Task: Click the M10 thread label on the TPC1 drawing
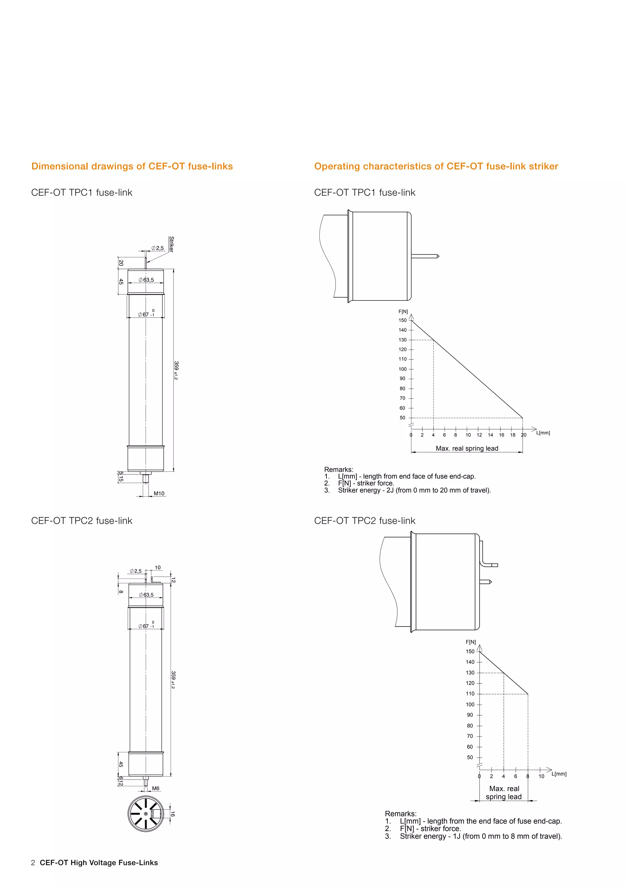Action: click(159, 493)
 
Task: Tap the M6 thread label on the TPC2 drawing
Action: click(155, 788)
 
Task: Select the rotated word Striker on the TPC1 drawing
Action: click(171, 244)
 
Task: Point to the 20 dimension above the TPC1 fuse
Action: click(121, 263)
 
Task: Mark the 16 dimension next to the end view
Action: click(173, 814)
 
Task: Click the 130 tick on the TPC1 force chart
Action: click(403, 340)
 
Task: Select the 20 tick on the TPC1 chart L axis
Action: click(524, 435)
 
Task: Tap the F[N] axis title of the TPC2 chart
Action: click(471, 642)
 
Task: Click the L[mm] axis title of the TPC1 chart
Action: click(543, 433)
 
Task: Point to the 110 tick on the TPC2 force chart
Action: click(470, 694)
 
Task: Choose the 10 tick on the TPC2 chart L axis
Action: click(541, 776)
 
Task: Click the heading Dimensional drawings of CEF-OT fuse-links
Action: click(132, 166)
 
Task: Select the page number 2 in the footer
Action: click(33, 862)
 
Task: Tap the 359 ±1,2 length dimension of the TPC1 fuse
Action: click(176, 370)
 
